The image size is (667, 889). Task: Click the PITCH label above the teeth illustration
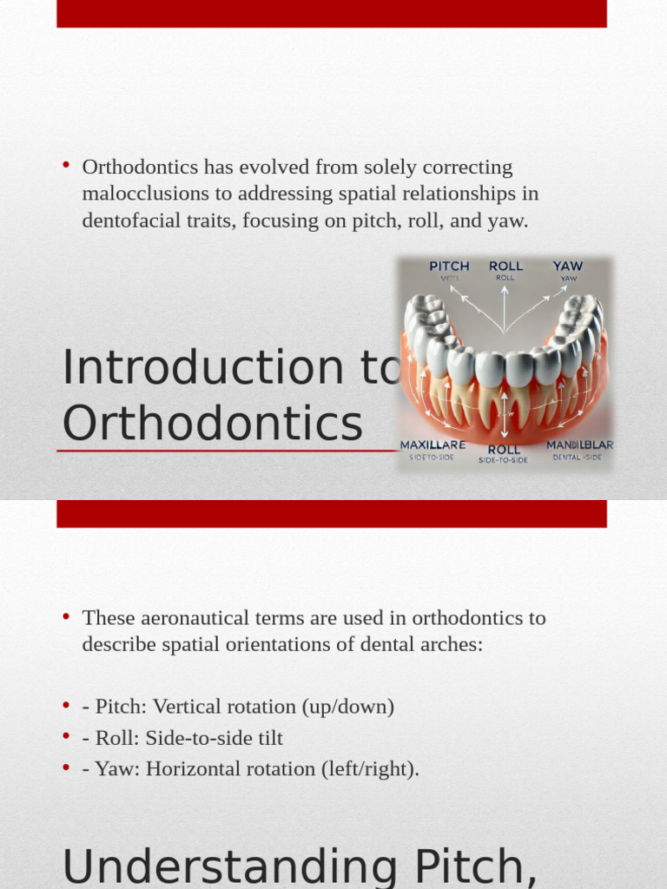pos(449,266)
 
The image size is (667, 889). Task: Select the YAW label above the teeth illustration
pos(568,266)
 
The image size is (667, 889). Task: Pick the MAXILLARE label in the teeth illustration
pos(433,444)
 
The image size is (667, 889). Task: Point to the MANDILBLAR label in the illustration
pos(579,444)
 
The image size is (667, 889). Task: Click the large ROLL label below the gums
pos(504,449)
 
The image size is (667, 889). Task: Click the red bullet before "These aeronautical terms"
pos(65,616)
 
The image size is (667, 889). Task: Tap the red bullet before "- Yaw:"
pos(65,767)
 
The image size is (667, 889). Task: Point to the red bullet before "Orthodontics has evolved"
pos(65,165)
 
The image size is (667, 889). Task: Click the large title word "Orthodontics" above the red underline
pos(213,425)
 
